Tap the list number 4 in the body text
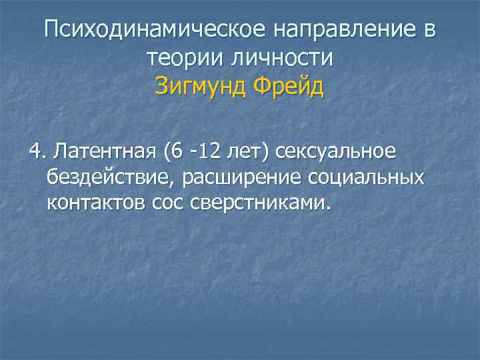coord(34,151)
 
